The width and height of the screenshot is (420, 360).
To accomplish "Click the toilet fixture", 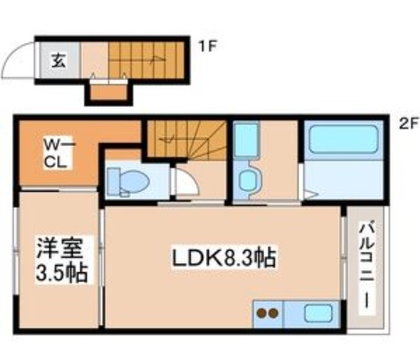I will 126,180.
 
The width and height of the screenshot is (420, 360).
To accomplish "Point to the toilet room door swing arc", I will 185,183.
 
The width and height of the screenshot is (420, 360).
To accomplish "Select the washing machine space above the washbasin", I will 245,141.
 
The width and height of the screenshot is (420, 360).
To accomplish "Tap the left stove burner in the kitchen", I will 261,314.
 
